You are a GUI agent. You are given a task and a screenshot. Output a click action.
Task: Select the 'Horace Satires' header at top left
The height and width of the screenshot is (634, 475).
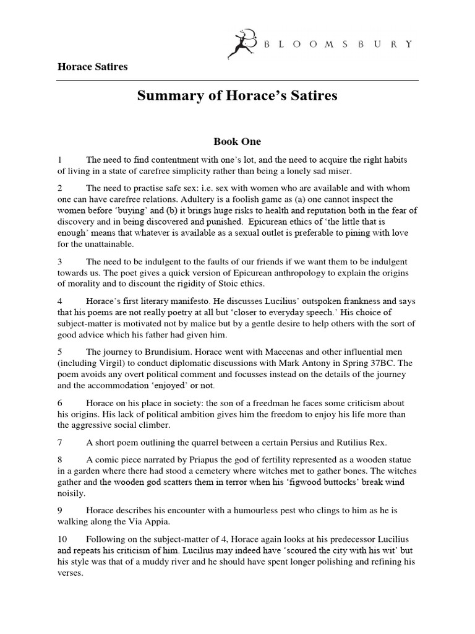[x=93, y=66]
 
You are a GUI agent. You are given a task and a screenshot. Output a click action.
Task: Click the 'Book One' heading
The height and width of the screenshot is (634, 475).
[x=237, y=141]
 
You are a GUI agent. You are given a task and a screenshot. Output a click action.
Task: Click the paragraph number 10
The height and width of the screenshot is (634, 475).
[x=64, y=539]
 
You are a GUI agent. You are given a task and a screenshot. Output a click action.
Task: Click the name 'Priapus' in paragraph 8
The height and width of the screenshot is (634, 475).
[x=204, y=459]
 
